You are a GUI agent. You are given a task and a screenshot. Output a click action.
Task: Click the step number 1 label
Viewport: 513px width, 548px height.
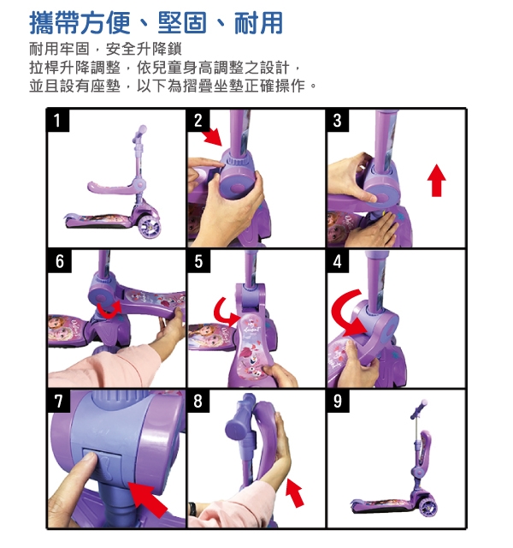tap(58, 121)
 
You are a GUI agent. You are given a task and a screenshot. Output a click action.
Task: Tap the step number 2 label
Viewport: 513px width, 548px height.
tap(198, 121)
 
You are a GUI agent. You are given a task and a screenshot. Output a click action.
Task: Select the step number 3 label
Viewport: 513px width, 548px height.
tap(338, 121)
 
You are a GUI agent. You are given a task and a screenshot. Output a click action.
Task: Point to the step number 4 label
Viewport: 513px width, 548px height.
tap(338, 261)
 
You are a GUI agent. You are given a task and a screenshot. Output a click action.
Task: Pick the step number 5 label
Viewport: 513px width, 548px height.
tap(198, 261)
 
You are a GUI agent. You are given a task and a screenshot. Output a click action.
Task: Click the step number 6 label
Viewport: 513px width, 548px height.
tap(59, 261)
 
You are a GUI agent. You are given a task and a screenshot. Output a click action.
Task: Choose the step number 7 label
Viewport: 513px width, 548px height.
tap(59, 402)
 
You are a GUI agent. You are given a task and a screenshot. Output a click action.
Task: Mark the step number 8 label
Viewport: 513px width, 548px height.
tap(198, 402)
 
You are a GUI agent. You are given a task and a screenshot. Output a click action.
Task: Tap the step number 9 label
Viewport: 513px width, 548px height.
tap(338, 402)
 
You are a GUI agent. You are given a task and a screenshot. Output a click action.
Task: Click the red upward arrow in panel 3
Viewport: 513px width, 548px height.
tap(436, 181)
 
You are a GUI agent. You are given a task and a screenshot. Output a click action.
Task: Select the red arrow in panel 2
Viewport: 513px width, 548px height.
tap(213, 137)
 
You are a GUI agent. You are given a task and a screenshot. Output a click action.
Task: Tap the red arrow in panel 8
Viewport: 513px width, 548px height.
tap(294, 492)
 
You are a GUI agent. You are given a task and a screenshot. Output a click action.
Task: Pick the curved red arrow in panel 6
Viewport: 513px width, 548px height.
tap(109, 311)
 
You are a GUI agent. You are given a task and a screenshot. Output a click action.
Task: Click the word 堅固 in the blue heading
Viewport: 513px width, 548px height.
tap(182, 23)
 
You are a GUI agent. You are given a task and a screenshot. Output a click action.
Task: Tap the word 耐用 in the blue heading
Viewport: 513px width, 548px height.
tap(258, 23)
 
